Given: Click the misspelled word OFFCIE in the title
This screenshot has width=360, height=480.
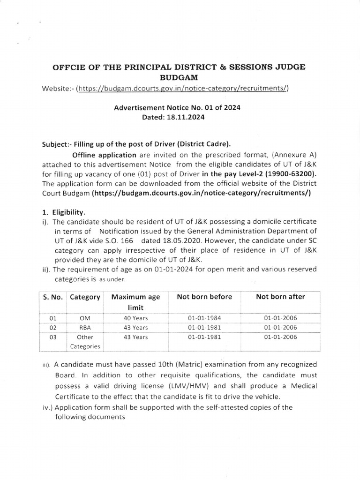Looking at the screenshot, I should click(x=71, y=67).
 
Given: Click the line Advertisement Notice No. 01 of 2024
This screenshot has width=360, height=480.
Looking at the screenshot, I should click(x=177, y=107).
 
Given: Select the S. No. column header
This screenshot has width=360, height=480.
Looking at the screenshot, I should click(x=52, y=297).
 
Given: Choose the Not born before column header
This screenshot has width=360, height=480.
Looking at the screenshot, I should click(x=204, y=297).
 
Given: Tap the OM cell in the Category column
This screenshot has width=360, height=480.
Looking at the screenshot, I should click(x=85, y=318).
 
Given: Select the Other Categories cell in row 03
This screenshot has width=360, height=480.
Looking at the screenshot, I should click(x=85, y=342).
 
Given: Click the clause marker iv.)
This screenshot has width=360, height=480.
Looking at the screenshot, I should click(x=47, y=407).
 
